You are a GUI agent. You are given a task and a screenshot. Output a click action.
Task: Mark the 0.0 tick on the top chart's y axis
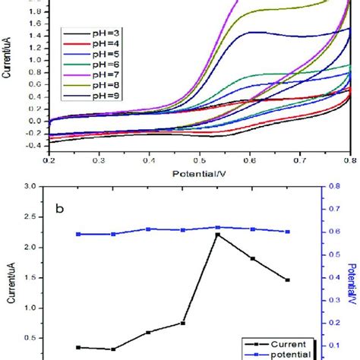coord(36,120)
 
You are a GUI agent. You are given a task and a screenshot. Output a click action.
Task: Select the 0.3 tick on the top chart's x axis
coord(99,161)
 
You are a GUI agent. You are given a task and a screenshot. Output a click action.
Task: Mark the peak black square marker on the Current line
coord(218,235)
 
